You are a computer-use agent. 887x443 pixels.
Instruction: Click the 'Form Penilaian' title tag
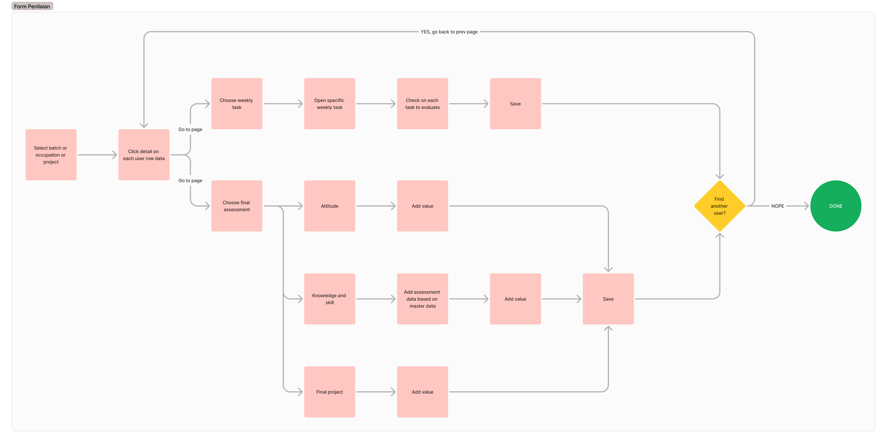(32, 6)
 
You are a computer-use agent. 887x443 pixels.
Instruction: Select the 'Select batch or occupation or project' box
(51, 155)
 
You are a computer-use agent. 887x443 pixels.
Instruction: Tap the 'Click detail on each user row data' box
(144, 155)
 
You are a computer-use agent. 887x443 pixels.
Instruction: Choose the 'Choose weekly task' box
(237, 104)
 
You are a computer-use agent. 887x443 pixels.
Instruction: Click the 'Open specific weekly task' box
(330, 104)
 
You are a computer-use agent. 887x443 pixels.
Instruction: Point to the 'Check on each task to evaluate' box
(422, 104)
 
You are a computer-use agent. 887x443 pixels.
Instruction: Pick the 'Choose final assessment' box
(237, 206)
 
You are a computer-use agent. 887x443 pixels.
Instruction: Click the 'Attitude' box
(330, 206)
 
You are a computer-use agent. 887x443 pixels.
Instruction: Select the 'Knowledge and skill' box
(330, 299)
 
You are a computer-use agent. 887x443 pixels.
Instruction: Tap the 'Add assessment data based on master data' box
(422, 299)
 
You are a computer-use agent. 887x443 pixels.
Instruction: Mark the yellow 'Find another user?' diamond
(719, 206)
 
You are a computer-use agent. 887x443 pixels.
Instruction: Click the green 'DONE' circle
(836, 206)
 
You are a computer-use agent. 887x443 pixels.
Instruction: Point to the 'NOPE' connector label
(777, 206)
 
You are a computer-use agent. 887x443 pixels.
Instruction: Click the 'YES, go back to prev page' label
(449, 32)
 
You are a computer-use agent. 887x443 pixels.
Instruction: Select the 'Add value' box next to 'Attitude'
(422, 206)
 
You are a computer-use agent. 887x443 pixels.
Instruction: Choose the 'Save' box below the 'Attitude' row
(608, 299)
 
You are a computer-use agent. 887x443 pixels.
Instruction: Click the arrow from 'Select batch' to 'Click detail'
(97, 155)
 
